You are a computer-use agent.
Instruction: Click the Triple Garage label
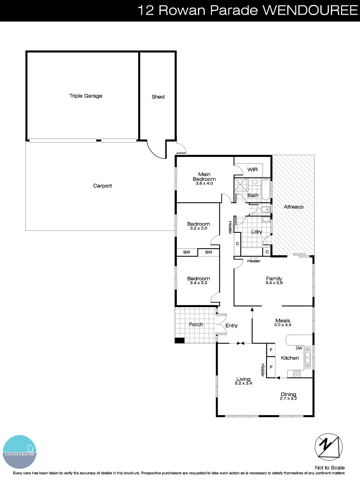tap(86, 96)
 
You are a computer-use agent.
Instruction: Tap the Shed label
tap(158, 97)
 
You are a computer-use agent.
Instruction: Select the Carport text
tap(102, 186)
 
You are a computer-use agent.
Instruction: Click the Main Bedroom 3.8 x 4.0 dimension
tap(204, 183)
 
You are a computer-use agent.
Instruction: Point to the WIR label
tap(252, 170)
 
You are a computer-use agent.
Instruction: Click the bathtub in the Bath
tap(266, 190)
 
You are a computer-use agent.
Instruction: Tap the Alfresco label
tap(293, 207)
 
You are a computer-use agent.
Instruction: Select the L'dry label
tap(256, 232)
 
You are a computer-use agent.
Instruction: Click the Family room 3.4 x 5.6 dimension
tap(274, 283)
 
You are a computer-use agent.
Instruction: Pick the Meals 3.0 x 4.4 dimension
tap(283, 325)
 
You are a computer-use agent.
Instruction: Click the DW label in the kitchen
tap(299, 348)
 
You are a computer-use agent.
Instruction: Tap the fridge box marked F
tap(271, 350)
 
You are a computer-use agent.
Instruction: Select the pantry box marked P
tap(271, 367)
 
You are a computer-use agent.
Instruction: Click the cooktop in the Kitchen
tap(296, 374)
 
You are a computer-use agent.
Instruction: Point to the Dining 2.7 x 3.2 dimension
tap(288, 399)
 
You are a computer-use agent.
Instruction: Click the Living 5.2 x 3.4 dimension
tap(243, 383)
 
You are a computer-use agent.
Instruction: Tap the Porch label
tap(196, 325)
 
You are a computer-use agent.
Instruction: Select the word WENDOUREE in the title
tap(310, 10)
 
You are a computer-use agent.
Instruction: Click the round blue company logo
tap(20, 452)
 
